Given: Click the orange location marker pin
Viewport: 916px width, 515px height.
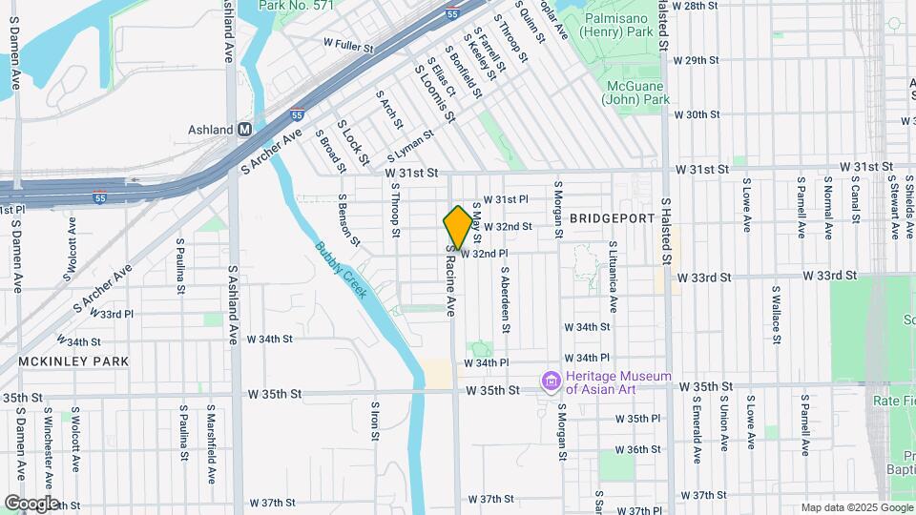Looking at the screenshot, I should pos(458,227).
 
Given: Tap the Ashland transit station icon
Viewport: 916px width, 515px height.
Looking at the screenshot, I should pos(245,130).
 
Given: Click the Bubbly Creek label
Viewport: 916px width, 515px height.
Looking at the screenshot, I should pos(342,271).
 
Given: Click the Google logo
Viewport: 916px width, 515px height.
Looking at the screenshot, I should pos(31,503).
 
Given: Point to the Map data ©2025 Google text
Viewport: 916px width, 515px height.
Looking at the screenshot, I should pos(856,507).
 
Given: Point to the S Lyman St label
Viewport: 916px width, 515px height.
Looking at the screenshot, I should pos(410,146).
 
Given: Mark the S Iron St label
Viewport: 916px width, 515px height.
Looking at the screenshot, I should pos(375,422).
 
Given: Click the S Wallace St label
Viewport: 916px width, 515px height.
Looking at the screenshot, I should pos(777,308).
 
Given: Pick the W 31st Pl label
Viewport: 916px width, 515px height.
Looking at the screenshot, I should pos(506,199).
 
